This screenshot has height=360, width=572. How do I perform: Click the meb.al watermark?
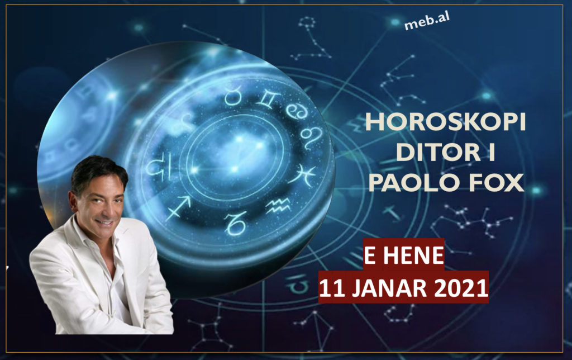pos(427,21)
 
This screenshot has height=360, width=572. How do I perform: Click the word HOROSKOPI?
pos(445,121)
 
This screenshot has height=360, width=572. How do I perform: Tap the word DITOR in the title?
pos(438,152)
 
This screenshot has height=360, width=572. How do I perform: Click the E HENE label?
pos(404,255)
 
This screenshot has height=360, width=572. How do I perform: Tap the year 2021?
pos(461,288)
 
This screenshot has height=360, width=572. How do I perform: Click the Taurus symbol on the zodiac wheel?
pos(233,96)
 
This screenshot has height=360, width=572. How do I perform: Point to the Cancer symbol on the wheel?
pos(296,111)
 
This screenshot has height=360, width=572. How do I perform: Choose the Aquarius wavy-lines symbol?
pos(278,206)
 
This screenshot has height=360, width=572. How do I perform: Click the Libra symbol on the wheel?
pos(160,167)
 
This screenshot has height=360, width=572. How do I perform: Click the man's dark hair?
pos(98,172)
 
